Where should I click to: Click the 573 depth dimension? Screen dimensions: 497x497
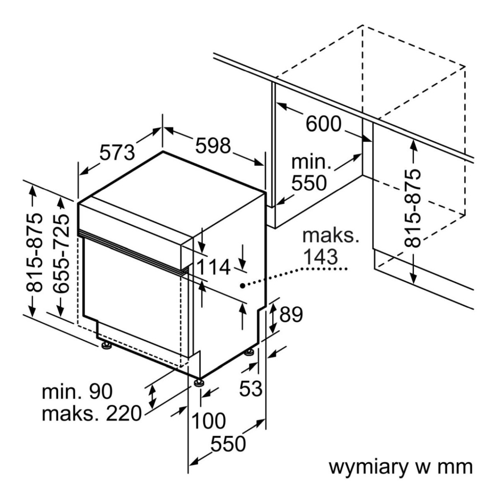click(117, 152)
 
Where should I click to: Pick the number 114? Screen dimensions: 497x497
click(212, 267)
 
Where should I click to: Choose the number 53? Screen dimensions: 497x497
click(251, 388)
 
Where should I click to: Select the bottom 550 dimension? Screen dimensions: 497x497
click(228, 444)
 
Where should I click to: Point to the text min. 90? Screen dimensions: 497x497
click(77, 391)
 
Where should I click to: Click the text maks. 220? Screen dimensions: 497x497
click(92, 413)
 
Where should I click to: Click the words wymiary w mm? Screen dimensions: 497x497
click(400, 467)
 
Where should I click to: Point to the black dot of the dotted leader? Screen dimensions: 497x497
click(242, 285)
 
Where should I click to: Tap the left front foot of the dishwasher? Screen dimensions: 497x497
click(106, 345)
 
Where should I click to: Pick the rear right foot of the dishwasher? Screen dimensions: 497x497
click(249, 352)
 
